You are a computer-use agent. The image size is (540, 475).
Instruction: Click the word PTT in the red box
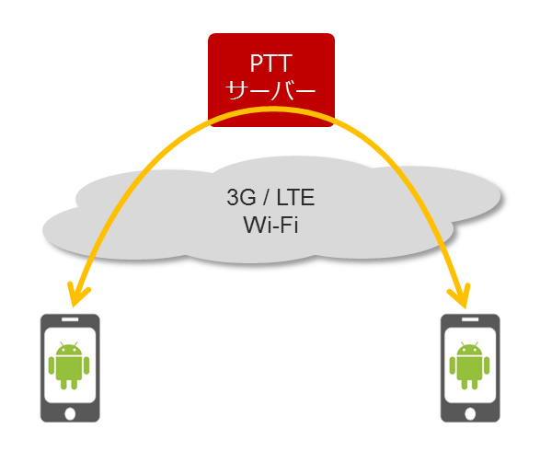271,64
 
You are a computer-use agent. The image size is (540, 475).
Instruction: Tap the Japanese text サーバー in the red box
270,90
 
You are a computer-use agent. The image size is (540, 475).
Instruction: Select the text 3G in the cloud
241,197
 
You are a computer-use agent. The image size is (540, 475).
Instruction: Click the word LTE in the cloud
295,197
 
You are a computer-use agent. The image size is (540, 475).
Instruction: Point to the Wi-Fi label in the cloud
270,225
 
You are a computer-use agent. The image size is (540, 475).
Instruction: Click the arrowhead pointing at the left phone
77,295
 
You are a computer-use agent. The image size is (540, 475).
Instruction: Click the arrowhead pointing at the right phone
461,296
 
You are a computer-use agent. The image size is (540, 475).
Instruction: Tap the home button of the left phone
70,413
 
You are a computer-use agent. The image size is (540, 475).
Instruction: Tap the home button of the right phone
470,413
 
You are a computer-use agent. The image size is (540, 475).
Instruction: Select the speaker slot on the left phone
70,319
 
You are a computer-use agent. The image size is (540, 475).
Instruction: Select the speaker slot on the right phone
470,319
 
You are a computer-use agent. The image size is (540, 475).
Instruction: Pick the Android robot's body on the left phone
69,369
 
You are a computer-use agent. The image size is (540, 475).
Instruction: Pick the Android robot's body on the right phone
469,369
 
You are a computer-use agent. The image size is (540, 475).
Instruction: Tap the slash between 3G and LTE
266,197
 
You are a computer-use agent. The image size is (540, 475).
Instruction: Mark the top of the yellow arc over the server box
272,109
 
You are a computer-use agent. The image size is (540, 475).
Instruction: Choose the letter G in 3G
248,197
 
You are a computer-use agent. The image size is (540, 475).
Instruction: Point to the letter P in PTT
257,64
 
